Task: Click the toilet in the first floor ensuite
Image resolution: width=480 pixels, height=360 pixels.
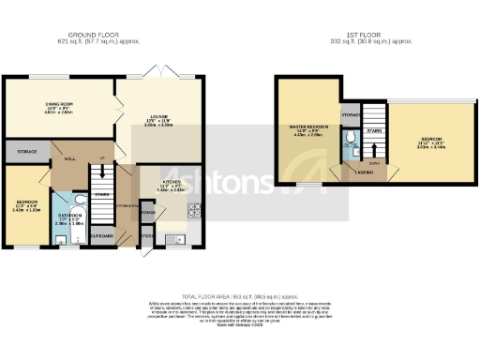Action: click(x=350, y=142)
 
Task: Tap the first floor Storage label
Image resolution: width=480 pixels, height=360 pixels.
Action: click(x=350, y=115)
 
